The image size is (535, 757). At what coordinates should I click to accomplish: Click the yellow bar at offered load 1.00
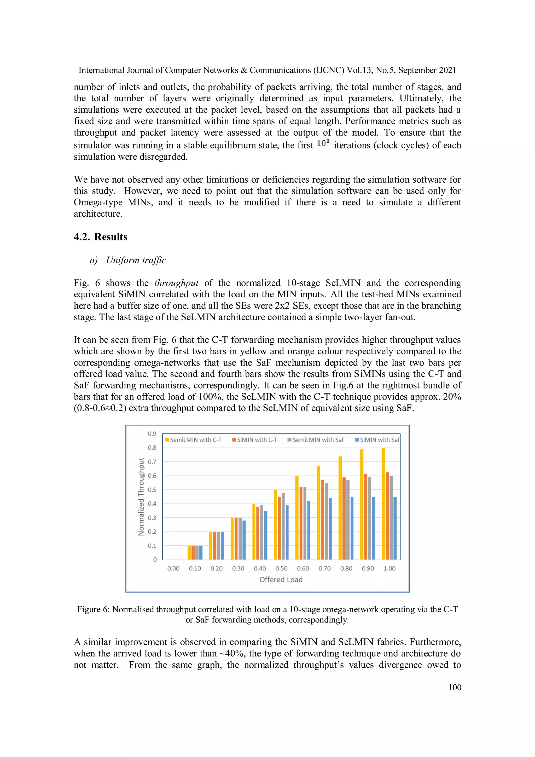coord(383,504)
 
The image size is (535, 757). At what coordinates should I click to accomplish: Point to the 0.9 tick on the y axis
coord(152,434)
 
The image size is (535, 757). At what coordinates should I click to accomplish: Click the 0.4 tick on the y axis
coord(152,504)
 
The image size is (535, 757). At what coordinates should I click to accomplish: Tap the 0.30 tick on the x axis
coord(238,568)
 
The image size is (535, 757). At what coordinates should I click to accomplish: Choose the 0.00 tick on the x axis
coord(173,568)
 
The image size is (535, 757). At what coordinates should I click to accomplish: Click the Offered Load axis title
coord(281,579)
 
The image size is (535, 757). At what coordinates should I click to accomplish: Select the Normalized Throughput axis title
coord(141,496)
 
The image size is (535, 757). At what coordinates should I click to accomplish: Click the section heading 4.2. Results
coord(101,237)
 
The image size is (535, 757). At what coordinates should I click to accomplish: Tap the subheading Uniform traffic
coord(136,260)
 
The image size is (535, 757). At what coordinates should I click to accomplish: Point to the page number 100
coord(455,687)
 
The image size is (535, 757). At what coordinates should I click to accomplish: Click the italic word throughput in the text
coord(176,283)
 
